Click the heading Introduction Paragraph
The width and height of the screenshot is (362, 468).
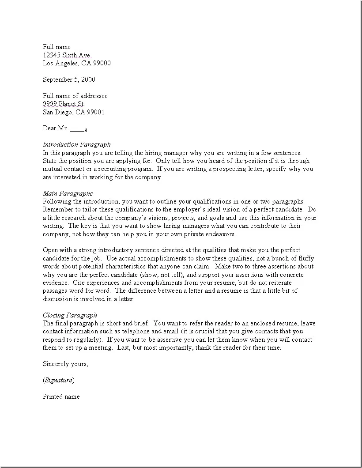click(x=76, y=144)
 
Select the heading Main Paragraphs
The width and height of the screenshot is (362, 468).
click(x=68, y=193)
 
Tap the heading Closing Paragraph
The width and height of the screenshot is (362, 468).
click(x=70, y=315)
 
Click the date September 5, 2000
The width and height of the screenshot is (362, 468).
click(x=69, y=79)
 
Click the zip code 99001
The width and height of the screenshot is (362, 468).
click(x=96, y=112)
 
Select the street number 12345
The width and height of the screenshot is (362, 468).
click(x=52, y=55)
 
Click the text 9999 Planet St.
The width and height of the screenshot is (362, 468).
click(x=64, y=104)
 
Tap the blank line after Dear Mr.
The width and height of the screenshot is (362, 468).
click(x=78, y=128)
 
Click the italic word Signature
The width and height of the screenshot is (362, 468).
click(x=58, y=380)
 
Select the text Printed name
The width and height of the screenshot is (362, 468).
click(x=61, y=396)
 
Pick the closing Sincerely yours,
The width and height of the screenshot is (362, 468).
click(x=65, y=364)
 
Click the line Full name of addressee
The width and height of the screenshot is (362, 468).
click(x=75, y=96)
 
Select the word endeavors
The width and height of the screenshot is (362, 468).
click(x=222, y=234)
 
